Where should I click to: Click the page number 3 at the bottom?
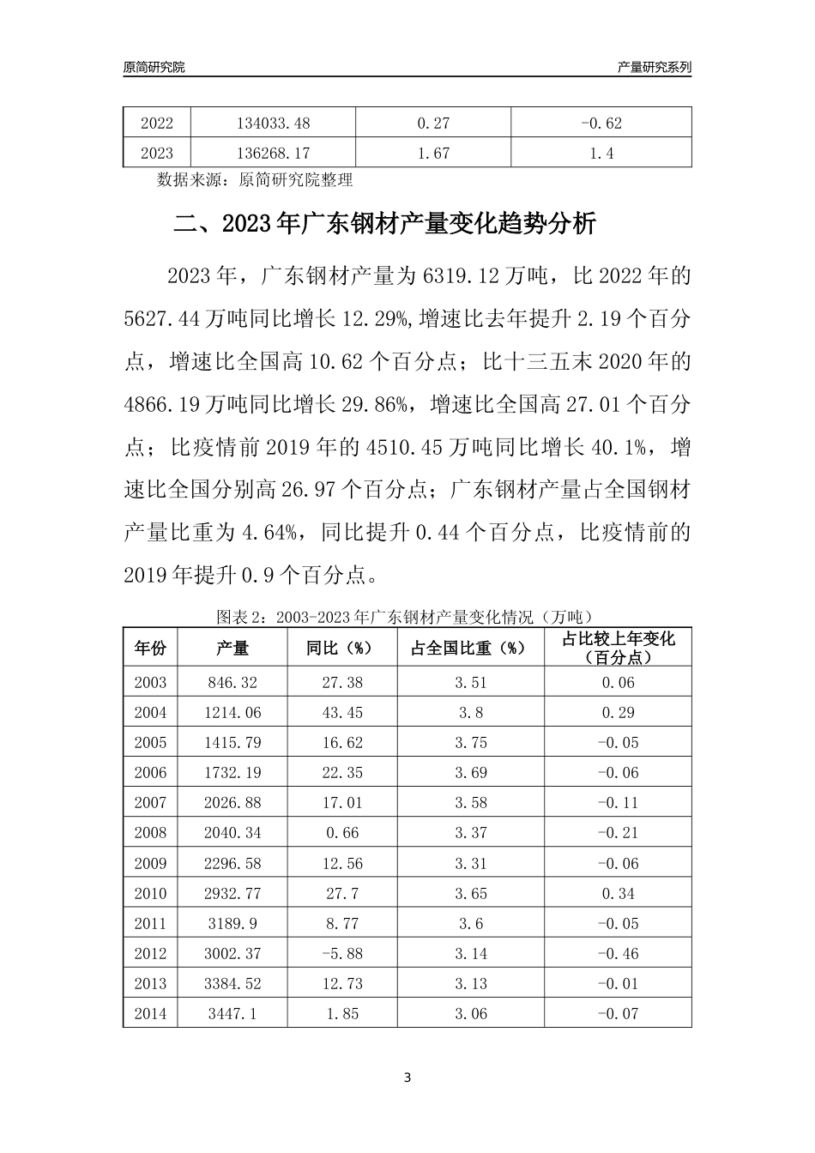[407, 1078]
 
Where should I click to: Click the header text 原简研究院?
[154, 67]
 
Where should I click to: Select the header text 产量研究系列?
[655, 67]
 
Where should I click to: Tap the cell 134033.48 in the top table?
[273, 123]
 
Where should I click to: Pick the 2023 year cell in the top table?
[156, 154]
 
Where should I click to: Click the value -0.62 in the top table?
[601, 123]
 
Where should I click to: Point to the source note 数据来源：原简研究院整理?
[255, 180]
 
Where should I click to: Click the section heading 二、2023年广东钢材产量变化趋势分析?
[384, 226]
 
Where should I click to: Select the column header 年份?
[150, 649]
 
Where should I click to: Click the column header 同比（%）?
[342, 649]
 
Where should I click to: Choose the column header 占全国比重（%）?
[470, 649]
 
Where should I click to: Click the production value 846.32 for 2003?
[232, 683]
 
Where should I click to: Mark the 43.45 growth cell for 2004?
[342, 713]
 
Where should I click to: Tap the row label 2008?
[150, 833]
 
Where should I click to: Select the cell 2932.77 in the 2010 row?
[232, 894]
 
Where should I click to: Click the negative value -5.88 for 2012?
[342, 954]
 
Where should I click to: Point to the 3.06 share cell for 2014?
[470, 1014]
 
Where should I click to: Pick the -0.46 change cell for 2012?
[618, 954]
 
